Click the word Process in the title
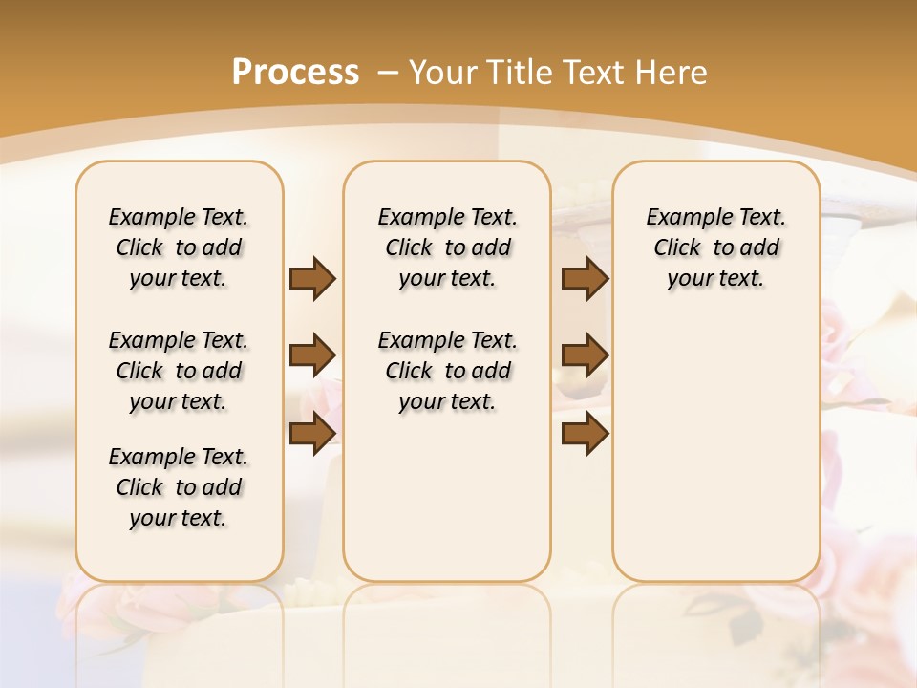point(295,72)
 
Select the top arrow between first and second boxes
point(312,278)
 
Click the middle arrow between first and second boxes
point(312,355)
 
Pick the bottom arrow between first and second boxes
point(312,433)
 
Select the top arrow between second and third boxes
point(585,278)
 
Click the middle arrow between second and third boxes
point(585,355)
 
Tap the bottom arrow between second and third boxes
point(585,433)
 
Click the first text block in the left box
point(179,247)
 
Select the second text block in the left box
point(179,371)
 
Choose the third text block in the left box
point(179,487)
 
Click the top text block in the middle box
point(447,247)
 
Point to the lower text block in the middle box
point(447,371)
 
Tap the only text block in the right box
point(715,247)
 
